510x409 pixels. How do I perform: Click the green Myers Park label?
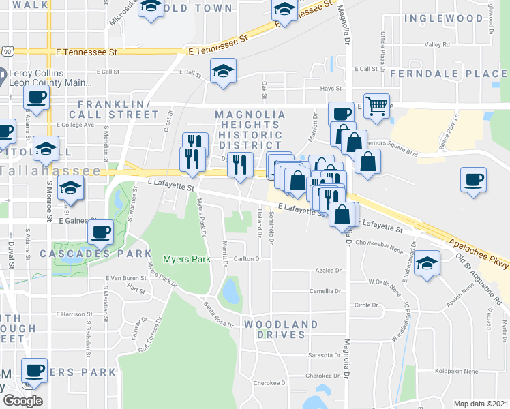(179, 259)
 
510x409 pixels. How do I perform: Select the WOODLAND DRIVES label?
(281, 329)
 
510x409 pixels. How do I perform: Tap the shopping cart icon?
(376, 105)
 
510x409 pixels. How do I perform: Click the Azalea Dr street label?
(328, 271)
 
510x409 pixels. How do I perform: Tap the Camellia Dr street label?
(325, 290)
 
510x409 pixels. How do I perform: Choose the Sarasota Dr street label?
(323, 355)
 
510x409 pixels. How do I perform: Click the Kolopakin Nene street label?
(457, 372)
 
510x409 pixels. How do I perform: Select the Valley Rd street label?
(437, 45)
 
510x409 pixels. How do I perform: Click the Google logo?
(22, 401)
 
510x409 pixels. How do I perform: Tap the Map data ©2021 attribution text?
(481, 404)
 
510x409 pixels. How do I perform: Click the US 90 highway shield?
(7, 51)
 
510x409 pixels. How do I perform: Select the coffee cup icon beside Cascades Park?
(100, 232)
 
